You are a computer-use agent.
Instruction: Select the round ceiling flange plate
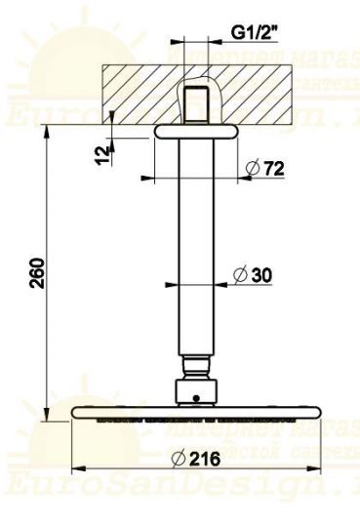[x=196, y=129]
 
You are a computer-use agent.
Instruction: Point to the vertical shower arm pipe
[x=196, y=254]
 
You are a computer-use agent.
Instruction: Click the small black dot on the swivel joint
[x=196, y=397]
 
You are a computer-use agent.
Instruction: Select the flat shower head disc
[x=196, y=414]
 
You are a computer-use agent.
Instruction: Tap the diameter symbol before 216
[x=179, y=459]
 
